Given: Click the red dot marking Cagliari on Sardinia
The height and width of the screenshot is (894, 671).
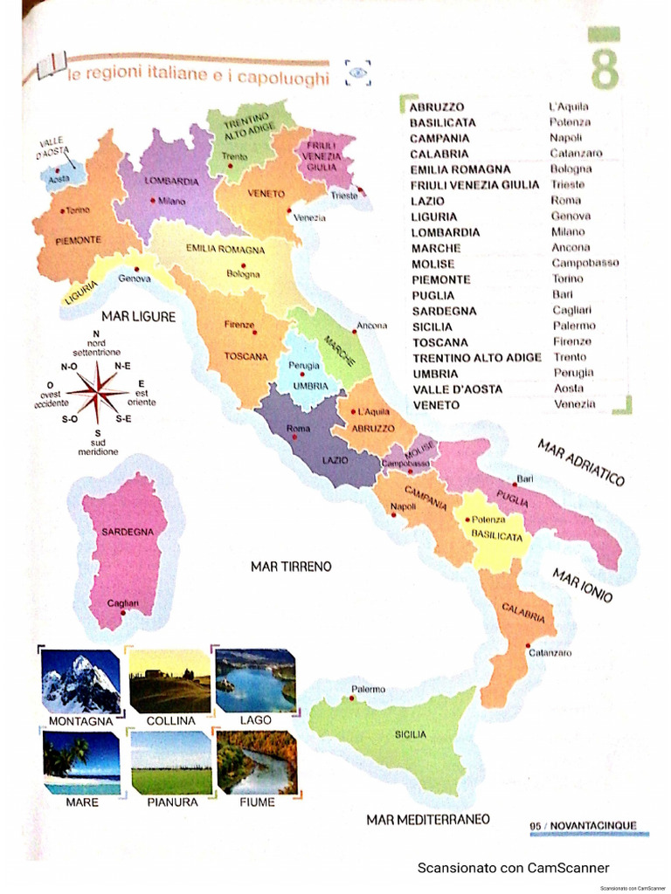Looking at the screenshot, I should pyautogui.click(x=124, y=612).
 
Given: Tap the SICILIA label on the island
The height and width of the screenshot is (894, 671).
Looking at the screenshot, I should pyautogui.click(x=411, y=734).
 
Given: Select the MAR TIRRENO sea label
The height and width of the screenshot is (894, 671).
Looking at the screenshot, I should pyautogui.click(x=291, y=567).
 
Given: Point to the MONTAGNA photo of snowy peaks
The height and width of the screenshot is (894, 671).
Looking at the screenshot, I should pyautogui.click(x=81, y=681).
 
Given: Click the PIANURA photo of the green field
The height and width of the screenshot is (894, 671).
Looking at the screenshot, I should pyautogui.click(x=171, y=761).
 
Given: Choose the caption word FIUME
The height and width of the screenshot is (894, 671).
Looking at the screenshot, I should pyautogui.click(x=257, y=801).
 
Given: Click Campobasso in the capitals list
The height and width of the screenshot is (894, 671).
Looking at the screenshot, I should pyautogui.click(x=585, y=263).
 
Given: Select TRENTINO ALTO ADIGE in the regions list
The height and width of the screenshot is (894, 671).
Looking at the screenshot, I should pyautogui.click(x=476, y=357).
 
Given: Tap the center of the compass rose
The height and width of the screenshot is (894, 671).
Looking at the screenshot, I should pyautogui.click(x=98, y=389).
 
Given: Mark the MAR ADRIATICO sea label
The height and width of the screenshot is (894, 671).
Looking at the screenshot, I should pyautogui.click(x=581, y=463).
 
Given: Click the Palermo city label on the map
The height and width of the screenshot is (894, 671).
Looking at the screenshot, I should pyautogui.click(x=368, y=689).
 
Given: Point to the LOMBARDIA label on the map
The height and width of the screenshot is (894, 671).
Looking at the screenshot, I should pyautogui.click(x=171, y=182).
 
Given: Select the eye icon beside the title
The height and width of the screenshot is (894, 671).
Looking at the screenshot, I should pyautogui.click(x=358, y=72).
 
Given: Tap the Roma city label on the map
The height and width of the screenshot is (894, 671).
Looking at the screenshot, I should pyautogui.click(x=299, y=428).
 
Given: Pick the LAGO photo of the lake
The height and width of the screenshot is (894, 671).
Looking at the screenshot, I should pyautogui.click(x=255, y=681).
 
